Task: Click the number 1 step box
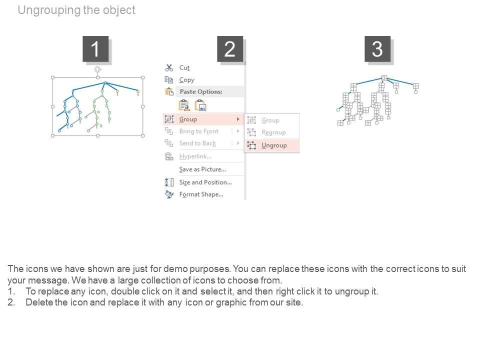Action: click(95, 49)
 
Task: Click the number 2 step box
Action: click(230, 49)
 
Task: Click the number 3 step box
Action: click(377, 49)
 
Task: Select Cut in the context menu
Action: click(184, 67)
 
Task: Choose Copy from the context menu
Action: click(186, 80)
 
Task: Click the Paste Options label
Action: click(201, 91)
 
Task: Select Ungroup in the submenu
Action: click(274, 145)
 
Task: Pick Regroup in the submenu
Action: click(273, 132)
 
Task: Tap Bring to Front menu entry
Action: click(198, 131)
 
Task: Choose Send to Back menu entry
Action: click(197, 143)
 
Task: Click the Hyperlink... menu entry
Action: click(195, 156)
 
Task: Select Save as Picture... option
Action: click(202, 169)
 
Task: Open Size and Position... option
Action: click(205, 182)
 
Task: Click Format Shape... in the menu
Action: click(201, 194)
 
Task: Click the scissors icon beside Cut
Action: click(169, 67)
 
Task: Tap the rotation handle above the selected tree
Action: click(97, 69)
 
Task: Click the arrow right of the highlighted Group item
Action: click(238, 119)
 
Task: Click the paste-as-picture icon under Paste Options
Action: click(200, 105)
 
